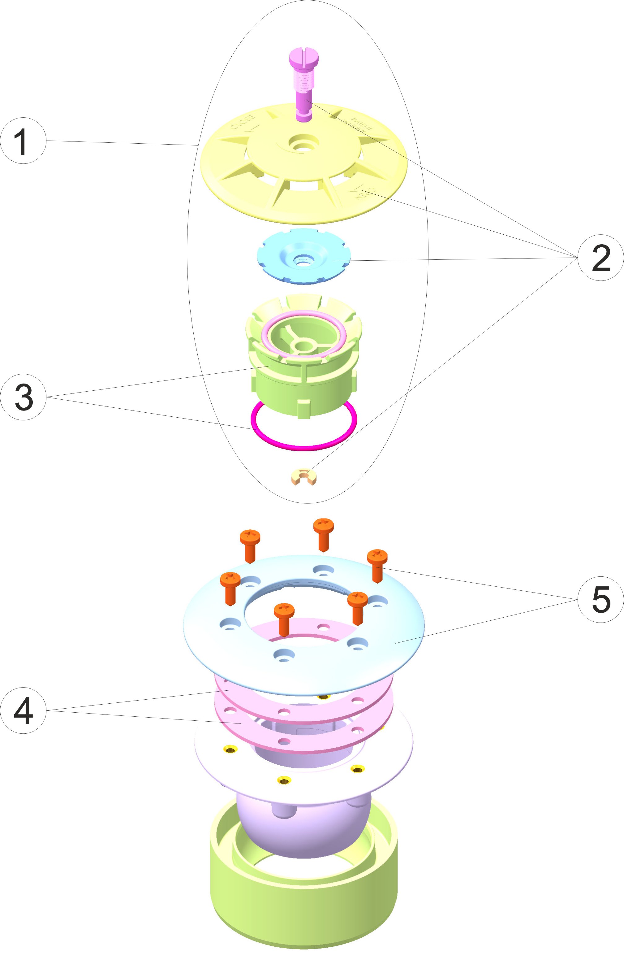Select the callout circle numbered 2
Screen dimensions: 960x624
click(600, 257)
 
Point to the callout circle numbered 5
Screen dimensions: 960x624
click(600, 599)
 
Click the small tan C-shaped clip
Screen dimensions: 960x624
click(303, 477)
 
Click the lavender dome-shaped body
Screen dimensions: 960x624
click(302, 823)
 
